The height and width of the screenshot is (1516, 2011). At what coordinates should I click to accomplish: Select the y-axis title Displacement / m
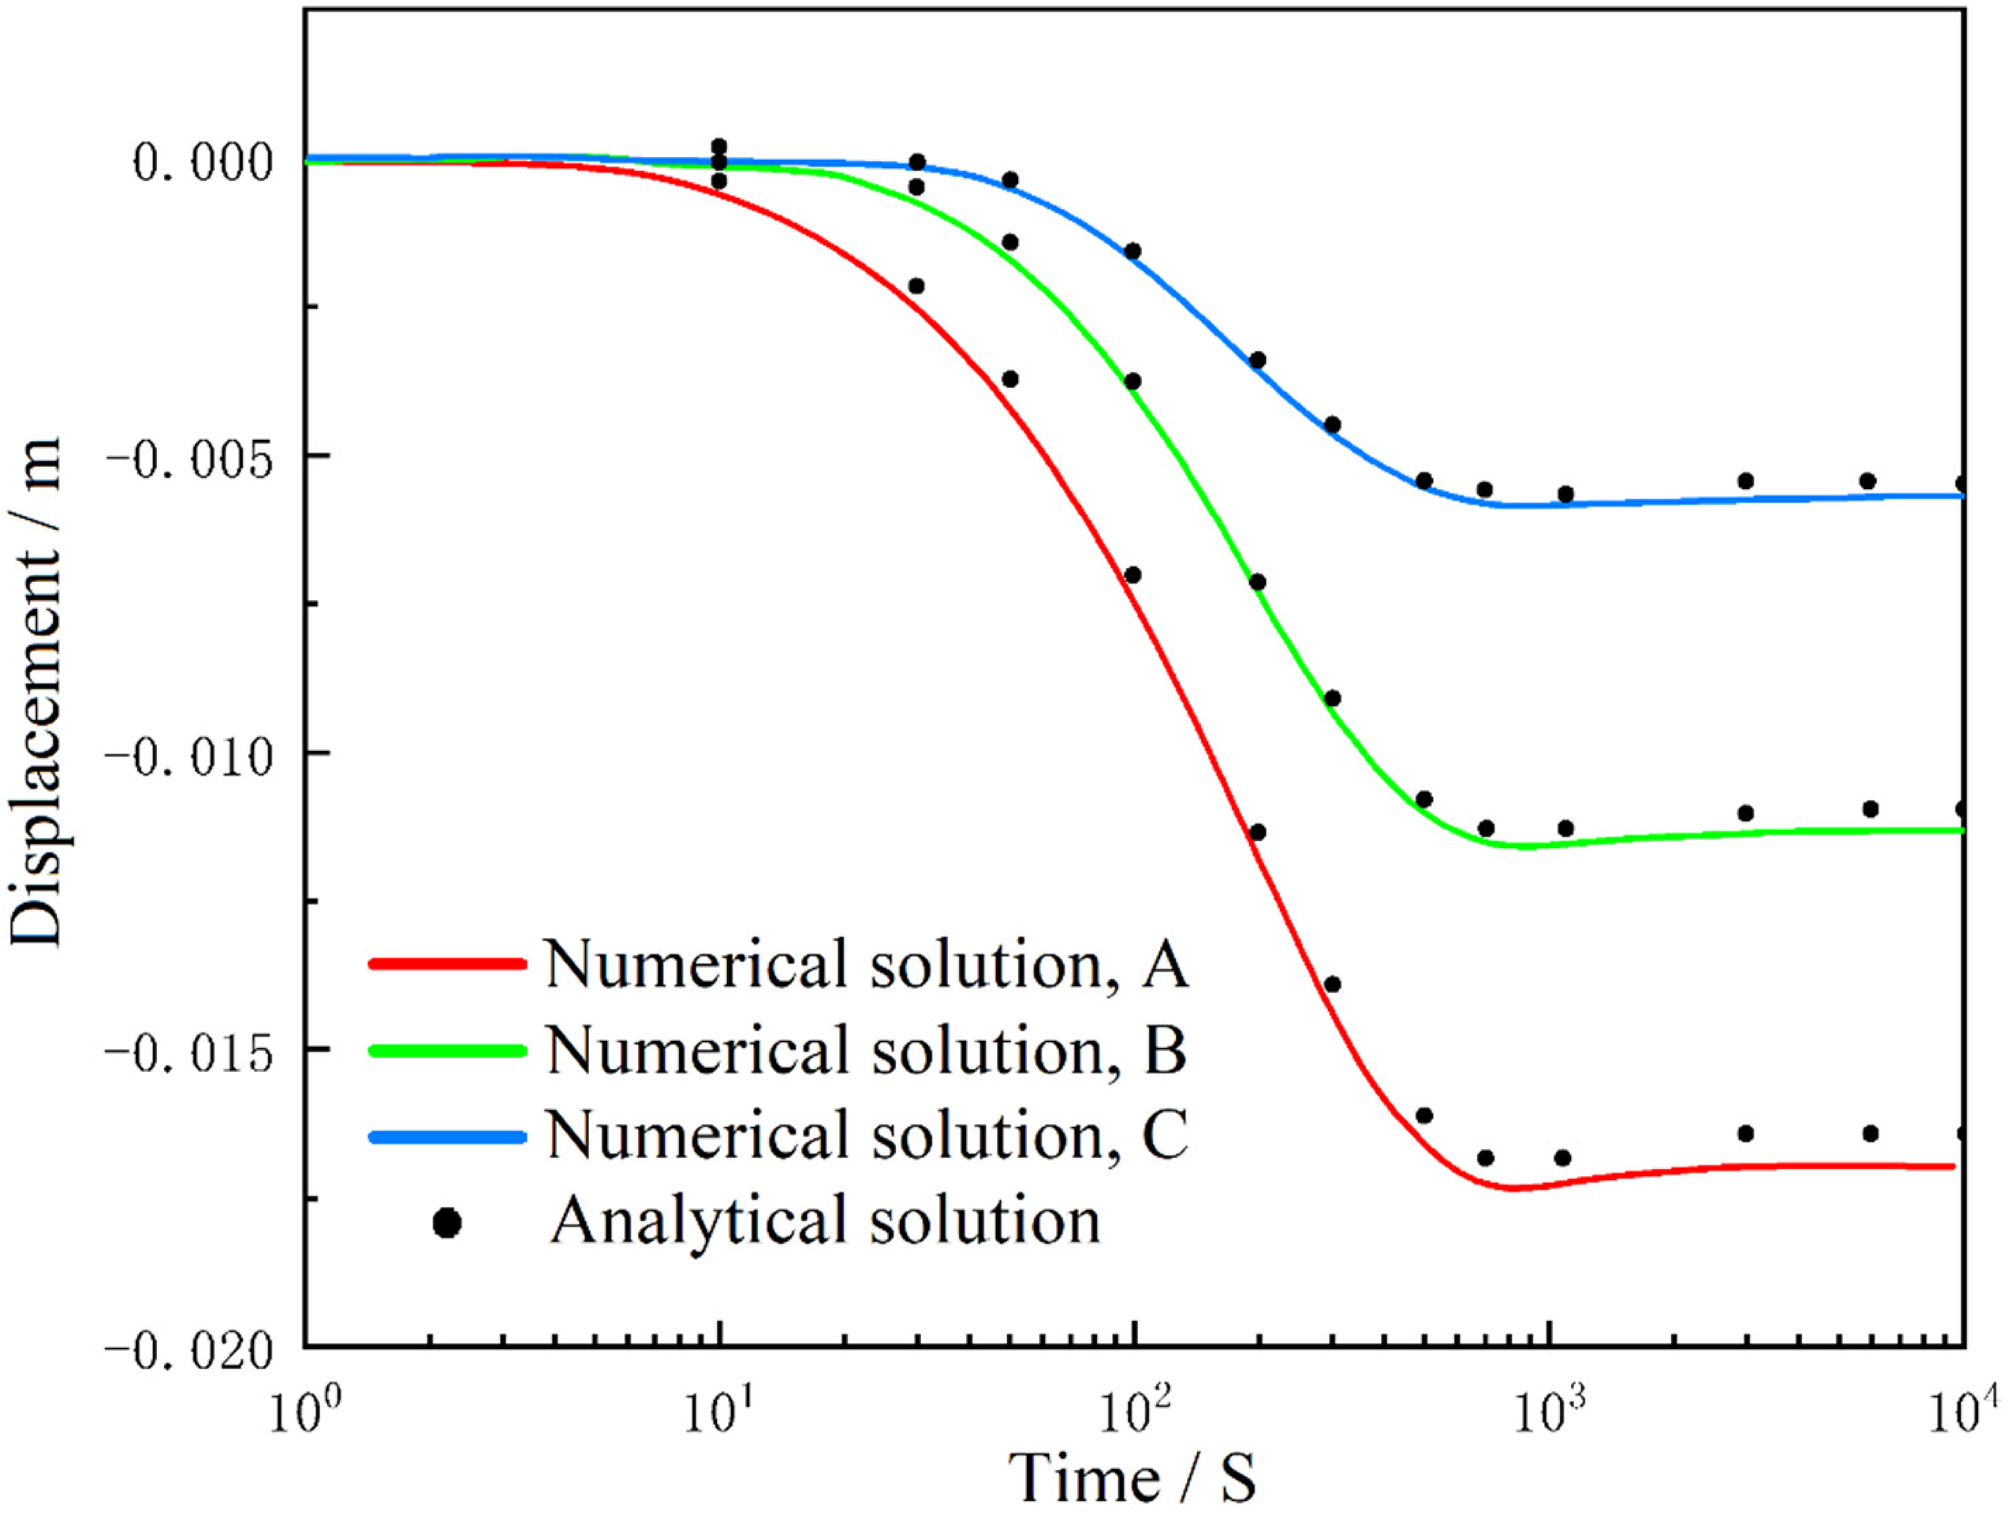coord(36,691)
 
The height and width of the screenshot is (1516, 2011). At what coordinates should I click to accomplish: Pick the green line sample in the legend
coord(447,1051)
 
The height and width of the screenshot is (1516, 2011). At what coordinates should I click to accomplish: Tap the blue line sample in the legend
coord(447,1136)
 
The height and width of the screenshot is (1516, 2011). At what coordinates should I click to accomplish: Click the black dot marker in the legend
coord(447,1223)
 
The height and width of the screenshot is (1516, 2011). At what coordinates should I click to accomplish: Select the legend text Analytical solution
coord(826,1220)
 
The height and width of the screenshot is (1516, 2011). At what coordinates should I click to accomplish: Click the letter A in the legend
coord(1164,964)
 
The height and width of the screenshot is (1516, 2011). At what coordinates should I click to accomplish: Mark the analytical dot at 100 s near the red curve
coord(1132,575)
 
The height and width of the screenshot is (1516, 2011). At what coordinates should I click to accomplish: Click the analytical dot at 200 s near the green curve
coord(1257,582)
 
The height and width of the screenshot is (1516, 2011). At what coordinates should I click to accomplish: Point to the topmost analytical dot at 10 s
coord(719,147)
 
